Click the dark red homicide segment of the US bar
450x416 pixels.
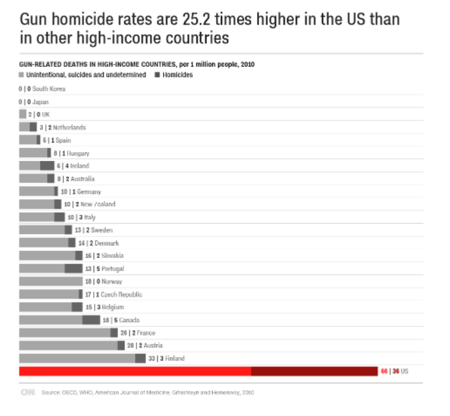tap(314, 371)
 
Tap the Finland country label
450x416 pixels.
tap(175, 358)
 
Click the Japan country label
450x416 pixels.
tap(40, 102)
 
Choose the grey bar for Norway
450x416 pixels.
tap(50, 281)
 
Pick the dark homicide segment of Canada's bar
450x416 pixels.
tap(91, 320)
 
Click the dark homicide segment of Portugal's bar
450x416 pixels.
tap(74, 269)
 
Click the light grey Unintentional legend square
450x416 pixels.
tap(22, 75)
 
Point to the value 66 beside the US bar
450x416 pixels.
tap(384, 371)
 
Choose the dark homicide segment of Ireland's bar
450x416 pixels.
tap(47, 166)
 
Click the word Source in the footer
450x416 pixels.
tap(51, 393)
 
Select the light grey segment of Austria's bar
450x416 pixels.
tap(68, 345)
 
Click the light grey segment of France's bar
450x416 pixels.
tap(65, 332)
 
